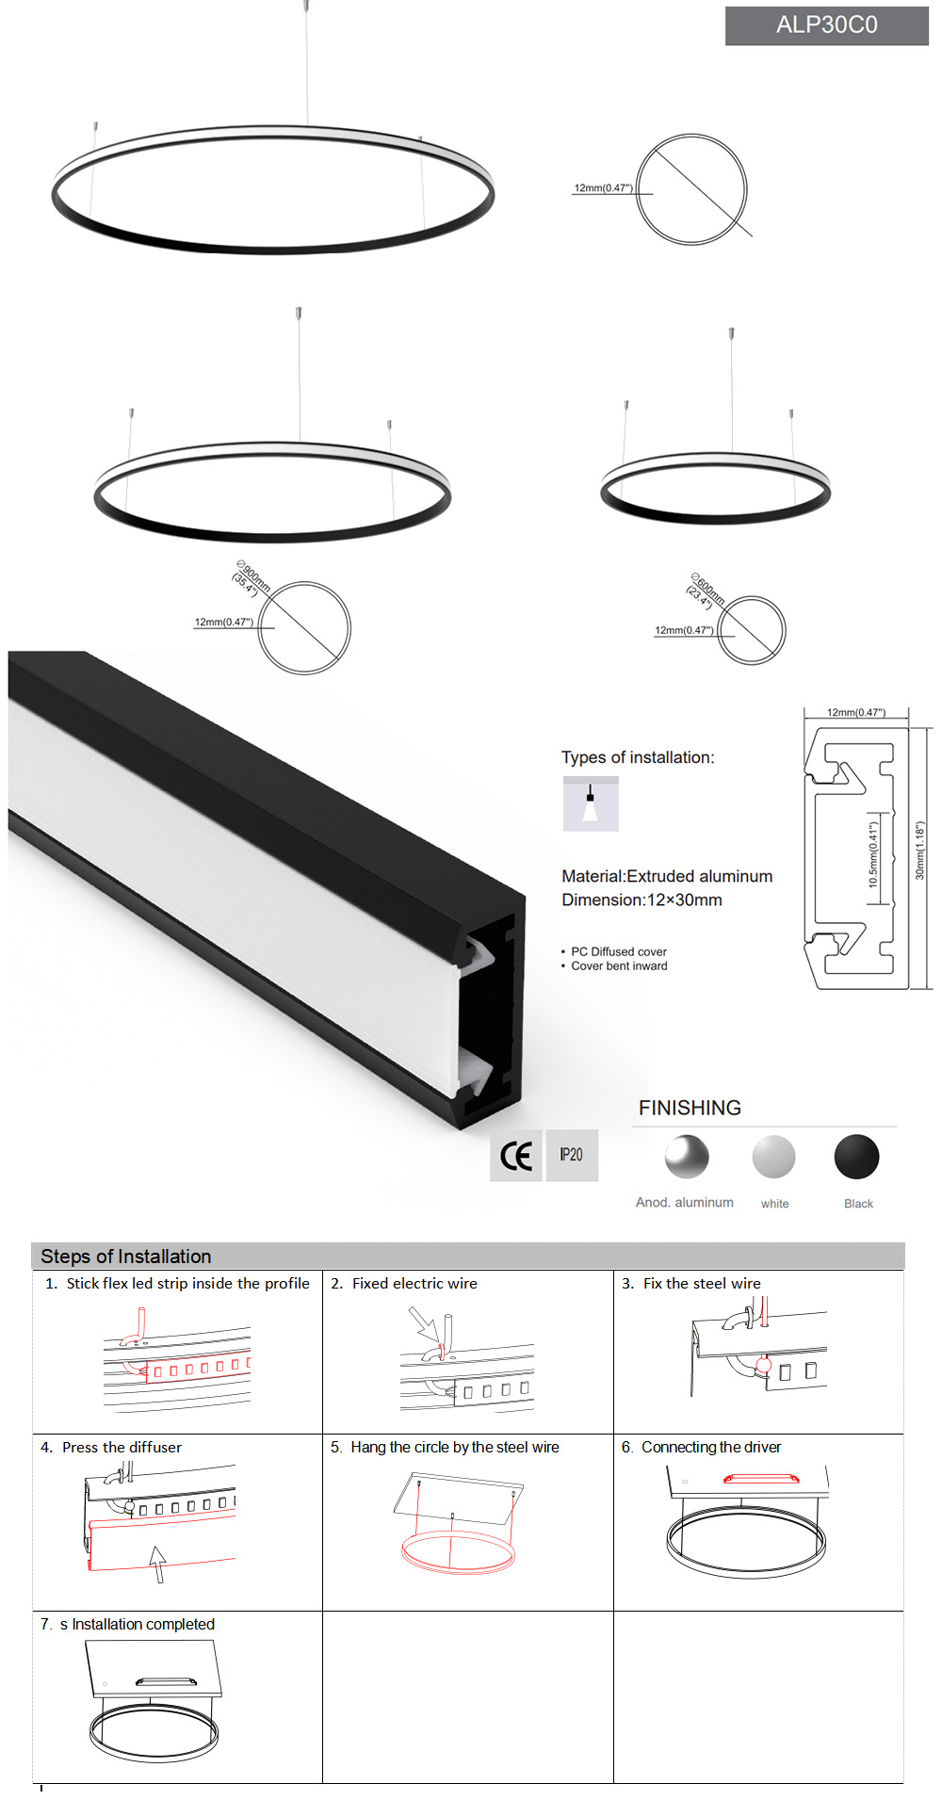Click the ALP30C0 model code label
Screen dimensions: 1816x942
[x=826, y=25]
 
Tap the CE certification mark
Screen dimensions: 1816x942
[x=516, y=1156]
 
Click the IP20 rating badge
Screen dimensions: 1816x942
[x=571, y=1155]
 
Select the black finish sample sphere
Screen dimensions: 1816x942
[x=856, y=1157]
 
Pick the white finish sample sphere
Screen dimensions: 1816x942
[x=773, y=1157]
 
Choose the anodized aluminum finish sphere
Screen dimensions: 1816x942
[x=686, y=1157]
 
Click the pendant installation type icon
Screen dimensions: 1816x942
[x=591, y=803]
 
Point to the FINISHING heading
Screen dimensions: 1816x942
[x=690, y=1108]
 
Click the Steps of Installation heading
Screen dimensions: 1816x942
[x=126, y=1257]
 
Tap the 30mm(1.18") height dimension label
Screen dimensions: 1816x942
[x=920, y=851]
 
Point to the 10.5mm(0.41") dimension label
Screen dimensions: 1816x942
[x=873, y=855]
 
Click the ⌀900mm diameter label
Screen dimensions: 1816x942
[x=252, y=577]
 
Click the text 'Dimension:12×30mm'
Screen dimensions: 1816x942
[x=642, y=900]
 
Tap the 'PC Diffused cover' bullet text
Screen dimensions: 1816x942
[x=618, y=951]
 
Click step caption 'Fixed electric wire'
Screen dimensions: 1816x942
[x=414, y=1283]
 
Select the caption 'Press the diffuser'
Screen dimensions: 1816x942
[x=122, y=1447]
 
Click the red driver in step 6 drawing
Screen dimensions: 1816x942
[x=760, y=1479]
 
